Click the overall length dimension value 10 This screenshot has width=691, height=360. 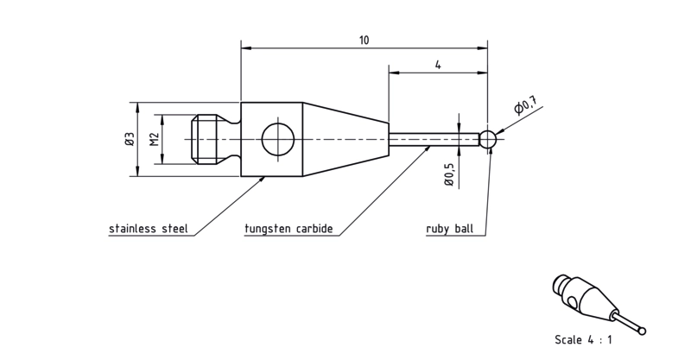(364, 40)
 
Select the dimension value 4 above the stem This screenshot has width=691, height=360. (438, 65)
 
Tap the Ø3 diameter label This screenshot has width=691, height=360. (130, 139)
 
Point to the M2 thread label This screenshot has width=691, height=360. (154, 139)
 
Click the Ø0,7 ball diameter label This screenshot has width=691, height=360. (525, 105)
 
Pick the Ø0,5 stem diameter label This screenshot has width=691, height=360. (449, 174)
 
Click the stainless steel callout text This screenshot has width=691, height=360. (148, 229)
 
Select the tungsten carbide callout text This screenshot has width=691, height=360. (288, 229)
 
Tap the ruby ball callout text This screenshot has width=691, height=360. (449, 229)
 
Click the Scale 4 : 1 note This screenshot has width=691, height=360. (583, 340)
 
